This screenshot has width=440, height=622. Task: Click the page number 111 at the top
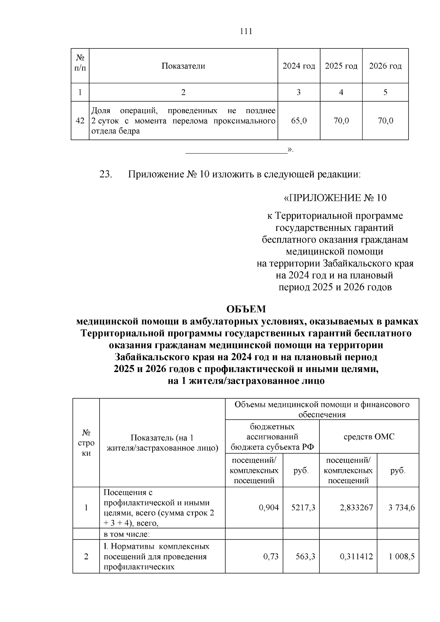pyautogui.click(x=246, y=32)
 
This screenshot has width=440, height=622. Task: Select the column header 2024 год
pyautogui.click(x=298, y=66)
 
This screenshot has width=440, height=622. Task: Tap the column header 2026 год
pyautogui.click(x=385, y=66)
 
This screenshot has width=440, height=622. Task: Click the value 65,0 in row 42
pyautogui.click(x=298, y=121)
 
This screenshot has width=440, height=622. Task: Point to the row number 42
pyautogui.click(x=80, y=121)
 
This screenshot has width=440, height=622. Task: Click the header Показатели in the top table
pyautogui.click(x=183, y=66)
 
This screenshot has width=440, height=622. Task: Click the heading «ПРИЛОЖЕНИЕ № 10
pyautogui.click(x=335, y=198)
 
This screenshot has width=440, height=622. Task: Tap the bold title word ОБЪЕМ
pyautogui.click(x=246, y=309)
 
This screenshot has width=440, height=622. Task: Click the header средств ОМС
pyautogui.click(x=369, y=437)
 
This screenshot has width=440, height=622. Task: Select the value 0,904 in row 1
pyautogui.click(x=269, y=508)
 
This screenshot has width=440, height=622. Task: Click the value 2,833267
pyautogui.click(x=356, y=508)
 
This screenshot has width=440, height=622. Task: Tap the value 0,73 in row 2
pyautogui.click(x=271, y=556)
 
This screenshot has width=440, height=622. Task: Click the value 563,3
pyautogui.click(x=305, y=556)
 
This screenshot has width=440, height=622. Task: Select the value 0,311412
pyautogui.click(x=356, y=556)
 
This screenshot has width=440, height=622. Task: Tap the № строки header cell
pyautogui.click(x=86, y=442)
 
